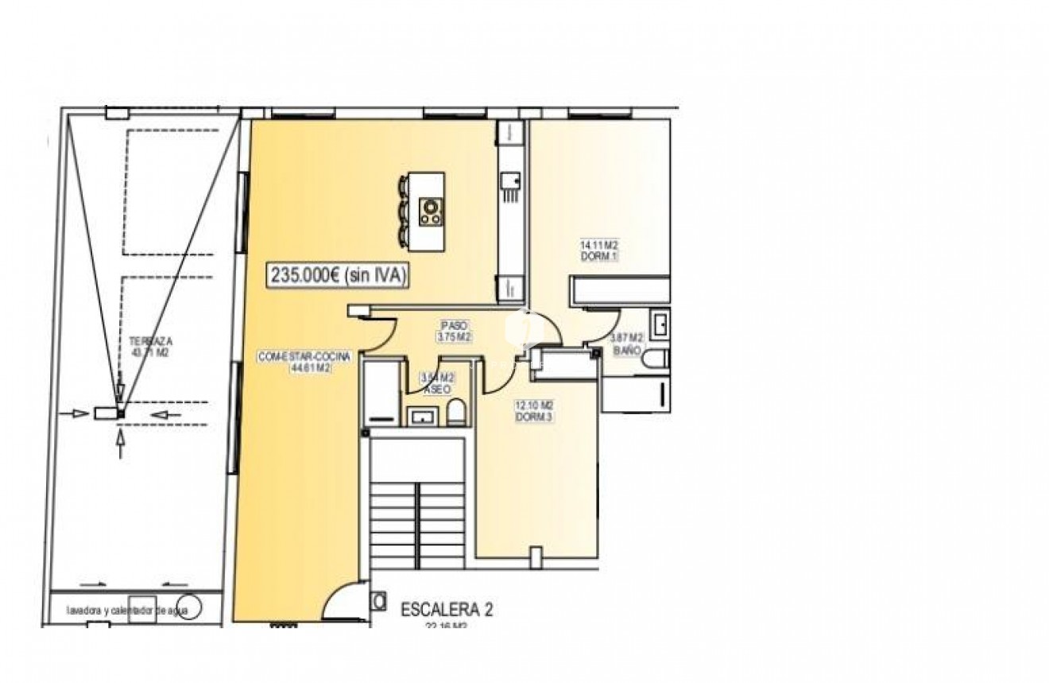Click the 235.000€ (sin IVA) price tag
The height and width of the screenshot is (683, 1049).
(339, 276)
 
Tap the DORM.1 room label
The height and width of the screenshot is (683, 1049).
(599, 251)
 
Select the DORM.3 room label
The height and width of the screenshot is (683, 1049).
(534, 410)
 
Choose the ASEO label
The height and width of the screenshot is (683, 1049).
(437, 384)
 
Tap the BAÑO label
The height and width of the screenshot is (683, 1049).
(625, 344)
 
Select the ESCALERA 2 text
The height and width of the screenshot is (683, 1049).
(447, 610)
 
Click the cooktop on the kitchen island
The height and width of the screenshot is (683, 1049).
(431, 209)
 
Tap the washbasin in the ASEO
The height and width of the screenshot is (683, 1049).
(420, 415)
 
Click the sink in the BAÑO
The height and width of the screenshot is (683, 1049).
(659, 324)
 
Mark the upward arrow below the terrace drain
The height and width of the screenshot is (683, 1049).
(120, 442)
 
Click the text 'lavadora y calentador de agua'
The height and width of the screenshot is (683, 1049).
(128, 611)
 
